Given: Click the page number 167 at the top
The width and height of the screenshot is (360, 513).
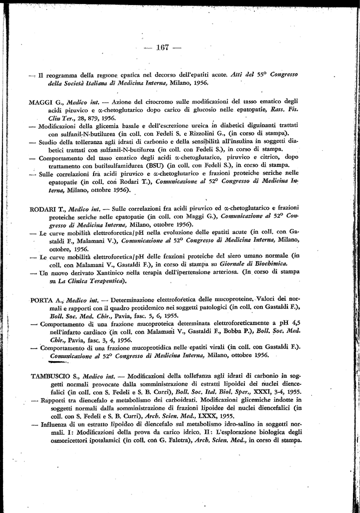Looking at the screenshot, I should (163, 48).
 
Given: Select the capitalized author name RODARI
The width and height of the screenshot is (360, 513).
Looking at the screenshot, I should (41, 207).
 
